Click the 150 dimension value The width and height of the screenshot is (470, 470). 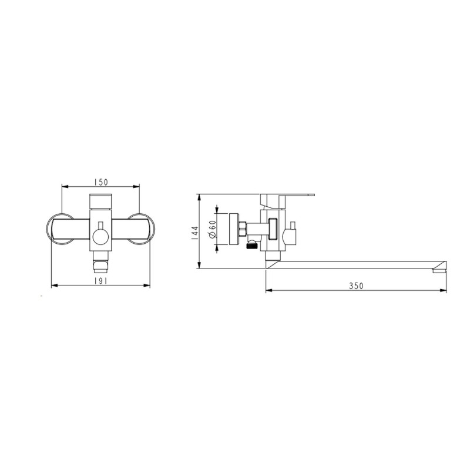coord(100,182)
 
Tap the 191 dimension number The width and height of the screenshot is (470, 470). coord(100,281)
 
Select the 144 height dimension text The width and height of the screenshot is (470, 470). coord(195,232)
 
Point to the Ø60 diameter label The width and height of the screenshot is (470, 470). coord(213,229)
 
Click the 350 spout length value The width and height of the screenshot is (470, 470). coord(356,286)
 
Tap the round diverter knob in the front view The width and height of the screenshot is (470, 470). coord(100,236)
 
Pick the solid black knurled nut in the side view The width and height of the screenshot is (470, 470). coord(252,246)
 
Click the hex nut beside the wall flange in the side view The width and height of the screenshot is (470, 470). coord(242,229)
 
